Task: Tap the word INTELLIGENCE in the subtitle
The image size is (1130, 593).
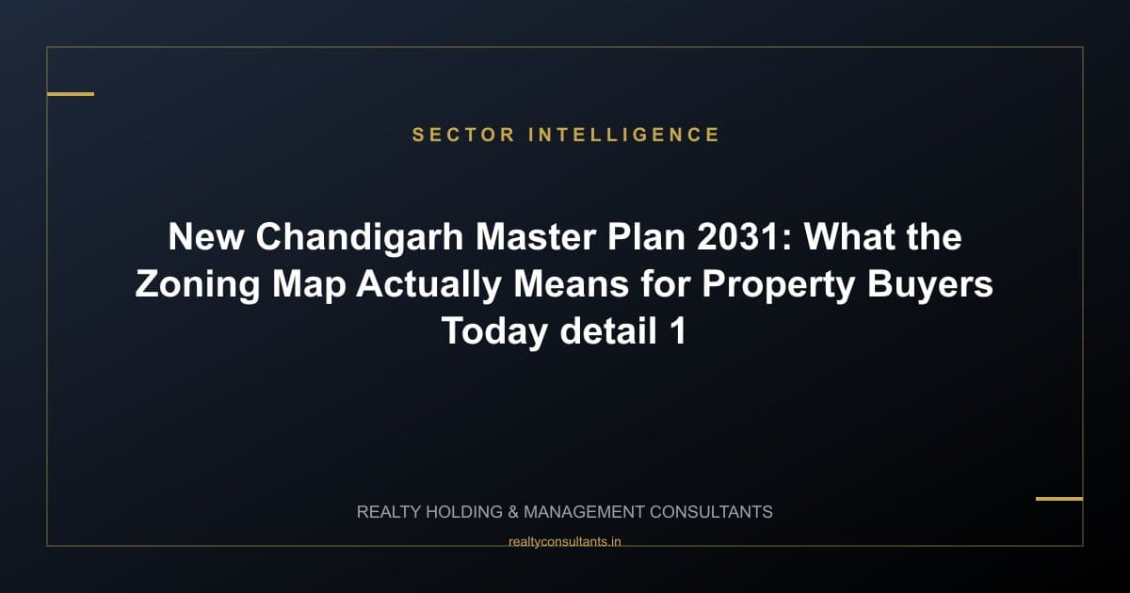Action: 624,135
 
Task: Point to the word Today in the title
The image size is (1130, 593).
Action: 495,331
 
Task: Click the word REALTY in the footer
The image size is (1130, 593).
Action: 389,512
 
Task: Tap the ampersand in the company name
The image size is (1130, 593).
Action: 513,512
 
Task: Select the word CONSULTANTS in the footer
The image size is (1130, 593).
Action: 713,512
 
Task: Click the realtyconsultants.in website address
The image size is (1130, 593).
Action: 564,541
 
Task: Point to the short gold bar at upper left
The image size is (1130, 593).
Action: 71,94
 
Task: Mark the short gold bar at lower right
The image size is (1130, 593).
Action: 1059,499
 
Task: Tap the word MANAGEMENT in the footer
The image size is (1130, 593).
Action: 585,512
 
